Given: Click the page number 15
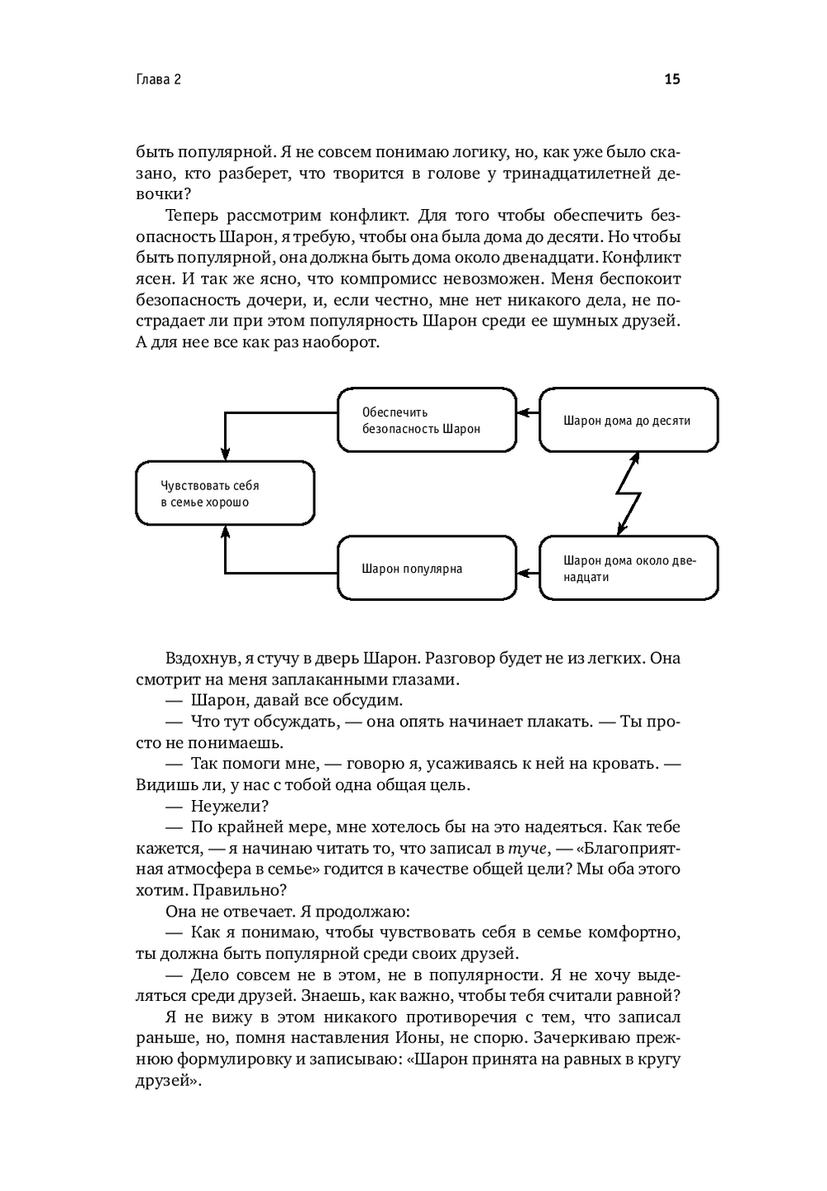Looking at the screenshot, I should point(672,79).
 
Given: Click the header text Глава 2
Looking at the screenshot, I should point(158,79).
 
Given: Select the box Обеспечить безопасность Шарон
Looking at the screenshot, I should point(427,420).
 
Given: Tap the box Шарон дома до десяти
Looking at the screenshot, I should point(629,420).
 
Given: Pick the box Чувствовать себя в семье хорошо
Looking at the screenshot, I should point(225,493).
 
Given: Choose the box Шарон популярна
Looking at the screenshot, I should point(427,569).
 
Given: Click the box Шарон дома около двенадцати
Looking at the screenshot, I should point(629,569).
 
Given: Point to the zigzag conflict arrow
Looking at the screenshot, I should point(629,494).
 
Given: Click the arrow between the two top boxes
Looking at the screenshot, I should point(528,412).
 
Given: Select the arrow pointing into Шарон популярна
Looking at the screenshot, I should point(528,572).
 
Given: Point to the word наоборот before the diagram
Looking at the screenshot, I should point(338,343).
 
